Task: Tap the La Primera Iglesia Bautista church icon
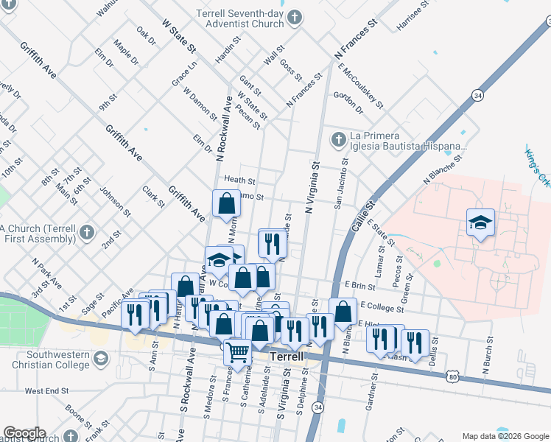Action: pyautogui.click(x=338, y=139)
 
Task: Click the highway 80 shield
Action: pyautogui.click(x=452, y=377)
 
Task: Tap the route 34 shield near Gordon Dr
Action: pyautogui.click(x=478, y=96)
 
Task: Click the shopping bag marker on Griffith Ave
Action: pyautogui.click(x=227, y=203)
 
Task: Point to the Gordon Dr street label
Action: pyautogui.click(x=348, y=102)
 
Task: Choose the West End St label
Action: pyautogui.click(x=46, y=391)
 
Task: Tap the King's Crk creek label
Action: pyautogui.click(x=536, y=167)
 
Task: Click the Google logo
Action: pyautogui.click(x=24, y=433)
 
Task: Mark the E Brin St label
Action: pyautogui.click(x=359, y=285)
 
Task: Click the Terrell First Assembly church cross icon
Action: pyautogui.click(x=86, y=234)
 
